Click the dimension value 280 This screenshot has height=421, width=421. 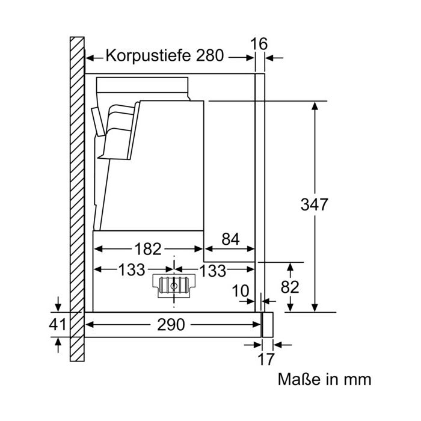(x=210, y=55)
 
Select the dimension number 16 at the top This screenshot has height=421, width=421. (x=259, y=44)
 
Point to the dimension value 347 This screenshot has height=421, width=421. (x=314, y=204)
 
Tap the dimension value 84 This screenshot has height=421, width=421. (x=230, y=239)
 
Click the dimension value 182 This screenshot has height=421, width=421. (x=148, y=249)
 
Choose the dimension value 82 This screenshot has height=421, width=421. (x=290, y=287)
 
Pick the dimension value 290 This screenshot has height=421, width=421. (x=171, y=325)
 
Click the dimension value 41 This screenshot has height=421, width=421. (x=57, y=324)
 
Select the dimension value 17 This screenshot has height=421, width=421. (x=266, y=359)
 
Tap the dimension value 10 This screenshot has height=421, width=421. (x=241, y=290)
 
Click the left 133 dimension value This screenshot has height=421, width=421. (x=132, y=270)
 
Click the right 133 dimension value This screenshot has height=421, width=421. (x=213, y=271)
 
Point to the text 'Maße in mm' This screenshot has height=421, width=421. (x=324, y=380)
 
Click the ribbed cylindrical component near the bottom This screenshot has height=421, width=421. (x=174, y=286)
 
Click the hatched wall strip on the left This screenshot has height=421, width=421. (x=77, y=199)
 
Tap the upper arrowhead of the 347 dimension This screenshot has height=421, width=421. (x=315, y=106)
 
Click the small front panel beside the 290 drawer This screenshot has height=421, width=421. (x=268, y=325)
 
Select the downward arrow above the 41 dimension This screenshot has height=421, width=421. (x=58, y=304)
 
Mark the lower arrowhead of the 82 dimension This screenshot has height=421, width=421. (x=290, y=308)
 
